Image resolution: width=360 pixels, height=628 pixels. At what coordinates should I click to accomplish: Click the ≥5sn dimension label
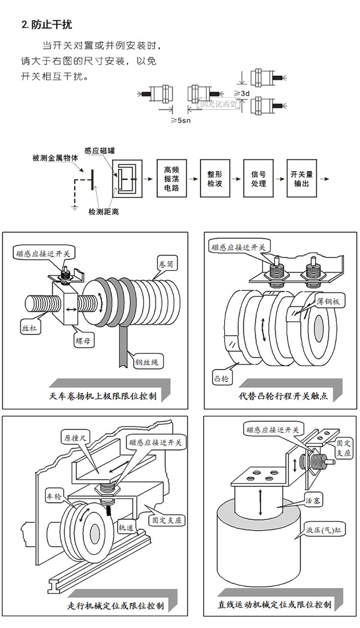click(180, 120)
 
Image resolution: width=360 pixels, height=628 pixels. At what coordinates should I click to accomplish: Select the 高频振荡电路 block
click(171, 179)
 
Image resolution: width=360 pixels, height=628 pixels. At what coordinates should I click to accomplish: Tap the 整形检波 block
click(215, 179)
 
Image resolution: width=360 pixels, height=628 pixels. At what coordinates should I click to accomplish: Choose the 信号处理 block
click(258, 179)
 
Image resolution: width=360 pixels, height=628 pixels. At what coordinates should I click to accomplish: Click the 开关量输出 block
click(301, 179)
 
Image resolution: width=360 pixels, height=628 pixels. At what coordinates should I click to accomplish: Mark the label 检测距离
click(103, 211)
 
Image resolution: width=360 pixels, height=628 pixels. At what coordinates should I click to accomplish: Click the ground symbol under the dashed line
click(75, 207)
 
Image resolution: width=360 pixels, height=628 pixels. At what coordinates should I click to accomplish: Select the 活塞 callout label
click(314, 500)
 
